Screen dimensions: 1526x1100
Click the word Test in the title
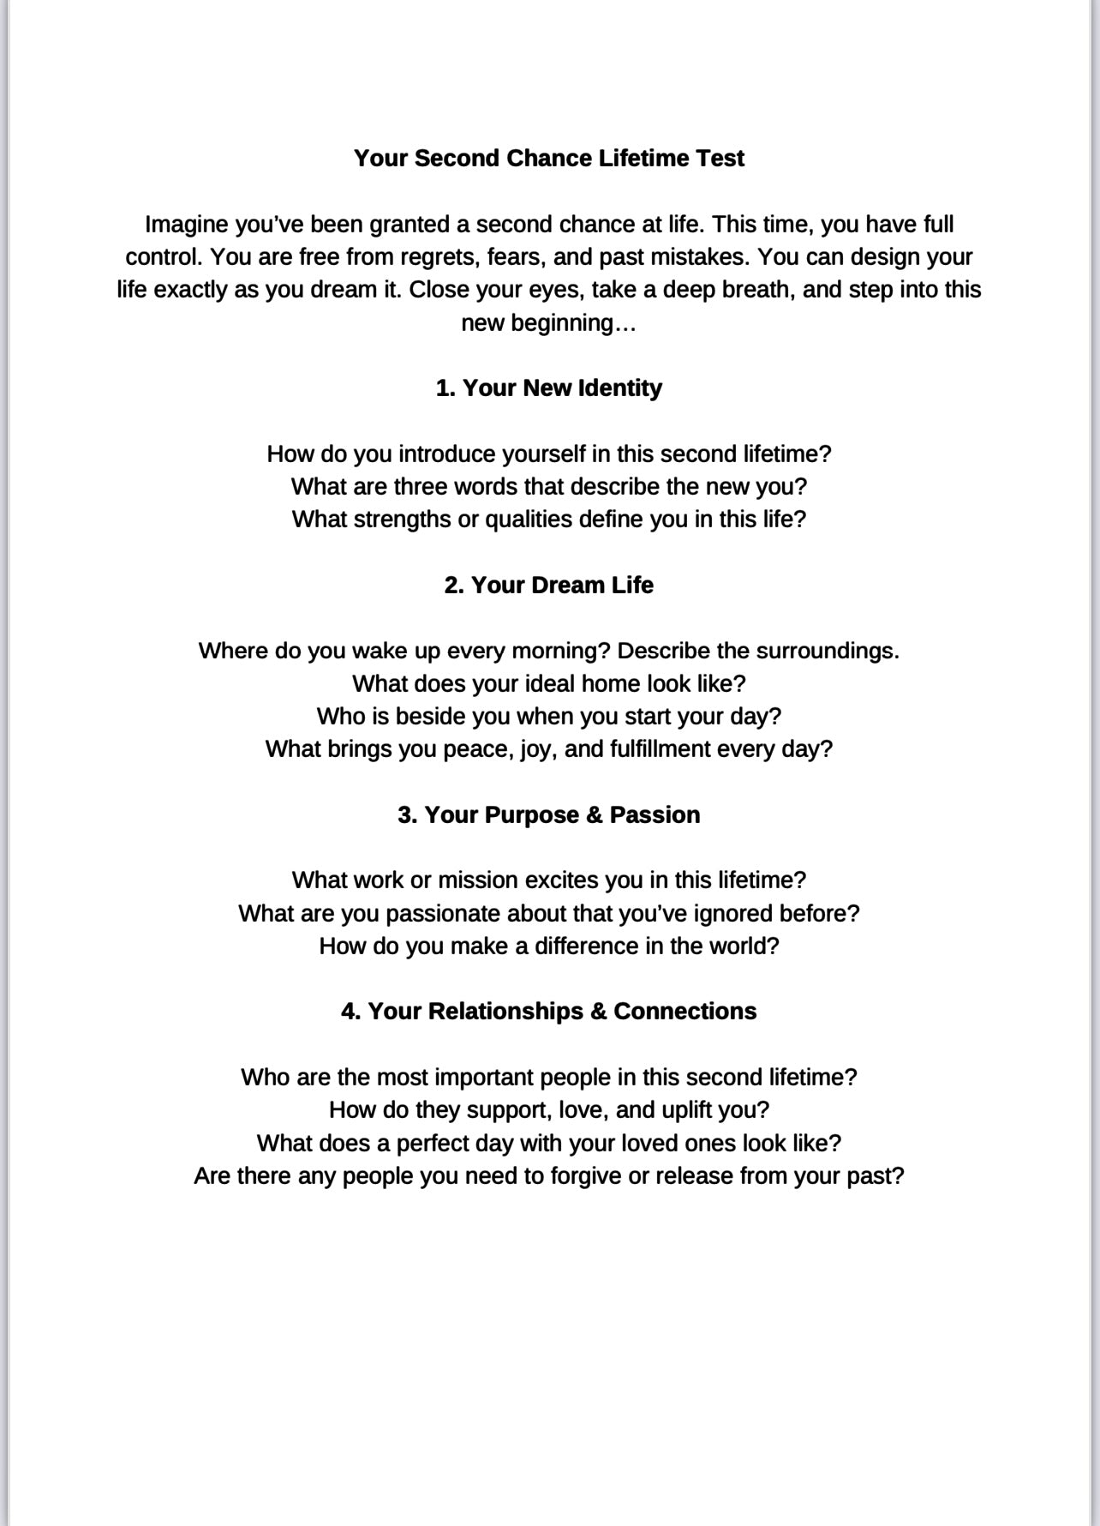pos(720,159)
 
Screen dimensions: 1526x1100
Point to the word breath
pos(755,290)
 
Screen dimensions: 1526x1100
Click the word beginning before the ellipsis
pos(563,323)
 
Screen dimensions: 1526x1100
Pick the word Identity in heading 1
pos(619,388)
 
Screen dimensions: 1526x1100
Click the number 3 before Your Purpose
pos(404,815)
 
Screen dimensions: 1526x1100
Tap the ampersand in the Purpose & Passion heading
pos(594,815)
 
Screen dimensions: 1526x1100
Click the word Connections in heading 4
pos(685,1012)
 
